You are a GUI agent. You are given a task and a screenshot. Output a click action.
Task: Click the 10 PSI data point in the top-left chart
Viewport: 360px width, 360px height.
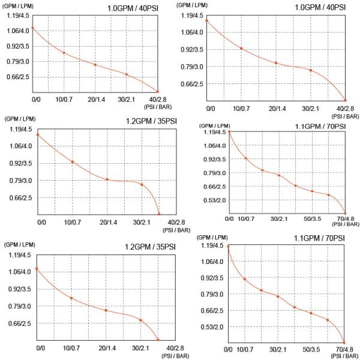pyautogui.click(x=64, y=53)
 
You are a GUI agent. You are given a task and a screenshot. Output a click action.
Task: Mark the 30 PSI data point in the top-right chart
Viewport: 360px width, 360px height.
pyautogui.click(x=311, y=70)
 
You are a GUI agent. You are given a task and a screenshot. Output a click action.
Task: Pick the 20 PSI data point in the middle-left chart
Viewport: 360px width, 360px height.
pyautogui.click(x=107, y=179)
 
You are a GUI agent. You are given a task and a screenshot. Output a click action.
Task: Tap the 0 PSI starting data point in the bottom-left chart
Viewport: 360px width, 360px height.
pyautogui.click(x=37, y=269)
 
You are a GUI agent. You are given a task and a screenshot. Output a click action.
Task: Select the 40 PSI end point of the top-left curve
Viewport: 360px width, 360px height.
pyautogui.click(x=158, y=91)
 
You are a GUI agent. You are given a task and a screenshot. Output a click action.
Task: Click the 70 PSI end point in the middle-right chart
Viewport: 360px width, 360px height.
pyautogui.click(x=346, y=215)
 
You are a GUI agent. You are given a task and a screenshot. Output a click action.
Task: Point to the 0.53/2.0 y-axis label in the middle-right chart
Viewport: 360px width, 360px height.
pyautogui.click(x=213, y=200)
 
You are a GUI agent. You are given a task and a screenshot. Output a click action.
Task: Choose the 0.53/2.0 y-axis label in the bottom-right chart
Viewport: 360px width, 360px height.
pyautogui.click(x=212, y=327)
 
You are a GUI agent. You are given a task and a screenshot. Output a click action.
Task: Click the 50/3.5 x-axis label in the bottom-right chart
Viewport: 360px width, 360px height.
pyautogui.click(x=312, y=349)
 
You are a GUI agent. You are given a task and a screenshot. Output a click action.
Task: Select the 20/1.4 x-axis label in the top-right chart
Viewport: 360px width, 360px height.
pyautogui.click(x=277, y=109)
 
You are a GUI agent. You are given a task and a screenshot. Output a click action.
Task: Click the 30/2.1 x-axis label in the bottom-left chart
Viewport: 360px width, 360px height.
pyautogui.click(x=141, y=348)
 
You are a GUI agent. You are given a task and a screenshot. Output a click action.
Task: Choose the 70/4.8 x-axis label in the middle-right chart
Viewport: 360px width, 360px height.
pyautogui.click(x=346, y=218)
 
